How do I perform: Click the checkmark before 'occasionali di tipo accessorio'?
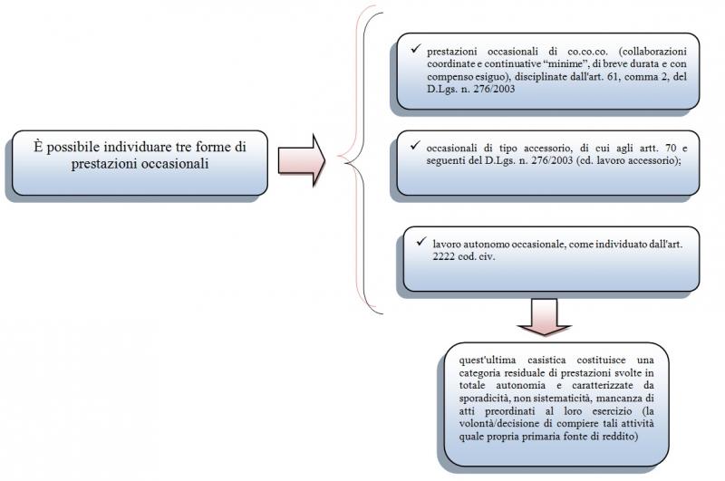(x=416, y=145)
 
